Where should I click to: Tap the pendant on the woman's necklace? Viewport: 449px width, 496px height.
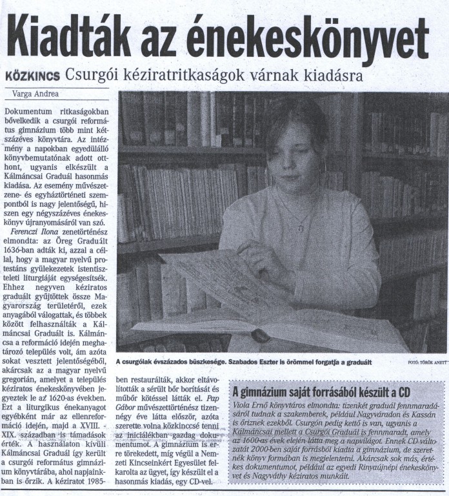[300, 227]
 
